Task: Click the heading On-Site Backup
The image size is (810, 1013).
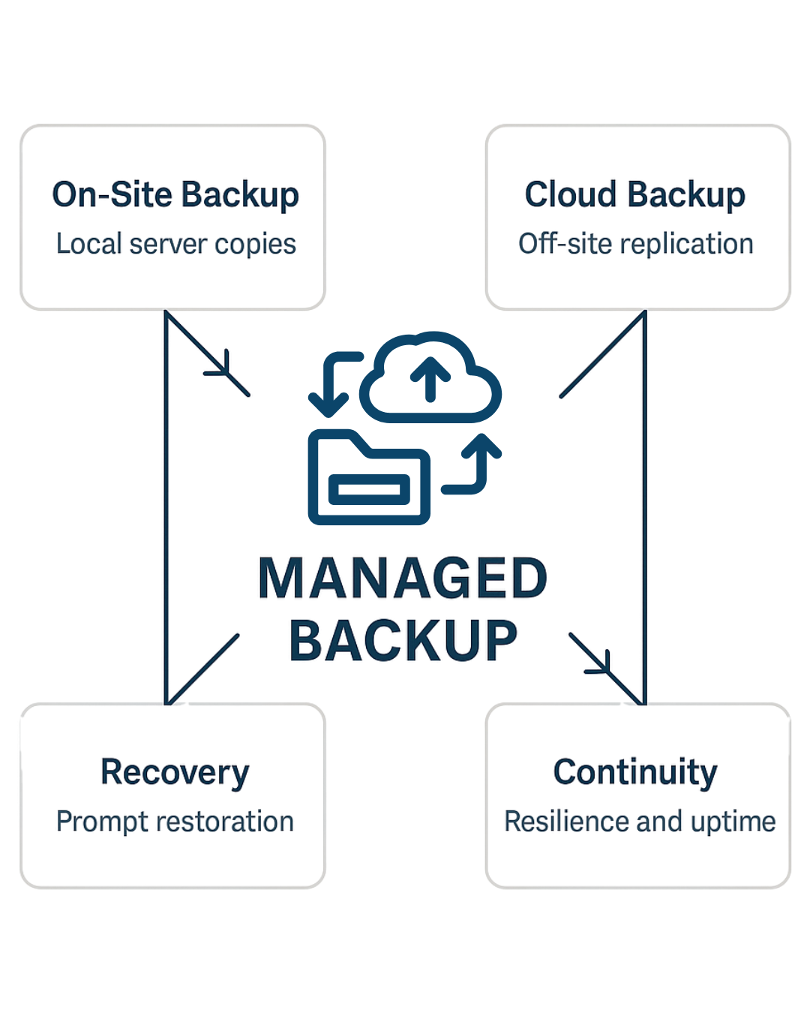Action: coord(175,195)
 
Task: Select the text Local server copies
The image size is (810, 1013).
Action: coord(176,244)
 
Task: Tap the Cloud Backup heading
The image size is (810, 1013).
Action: coord(634,195)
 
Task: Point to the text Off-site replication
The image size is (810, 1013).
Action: coord(635,244)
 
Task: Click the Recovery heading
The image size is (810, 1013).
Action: coord(175,773)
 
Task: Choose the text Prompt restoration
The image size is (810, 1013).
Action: coord(175,822)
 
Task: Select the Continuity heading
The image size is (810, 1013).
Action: coord(635,773)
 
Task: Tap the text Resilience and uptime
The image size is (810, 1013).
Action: coord(640,822)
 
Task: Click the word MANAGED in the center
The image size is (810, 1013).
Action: coord(403,579)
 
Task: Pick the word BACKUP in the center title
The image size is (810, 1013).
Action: coord(403,642)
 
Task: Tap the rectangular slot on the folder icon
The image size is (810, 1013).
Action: coord(369,490)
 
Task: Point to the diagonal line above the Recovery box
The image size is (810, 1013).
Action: coord(202,668)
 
